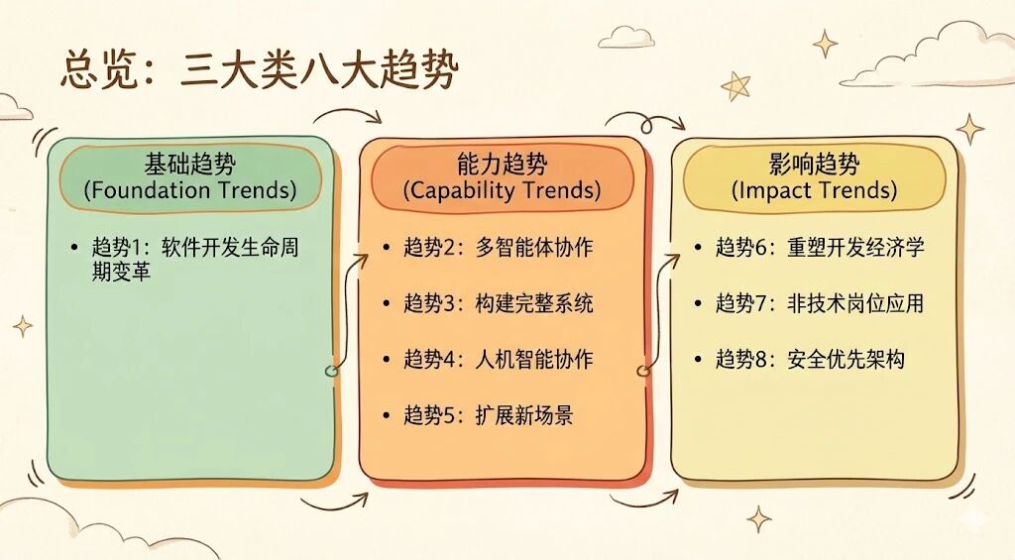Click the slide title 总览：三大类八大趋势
click(x=259, y=70)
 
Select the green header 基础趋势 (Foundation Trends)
click(x=190, y=176)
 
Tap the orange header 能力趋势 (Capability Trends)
click(x=502, y=176)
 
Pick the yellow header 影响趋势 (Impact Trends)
click(x=814, y=176)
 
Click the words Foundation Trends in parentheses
click(x=190, y=190)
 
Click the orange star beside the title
click(x=735, y=85)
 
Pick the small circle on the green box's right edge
click(x=331, y=371)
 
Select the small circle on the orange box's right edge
click(x=642, y=372)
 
